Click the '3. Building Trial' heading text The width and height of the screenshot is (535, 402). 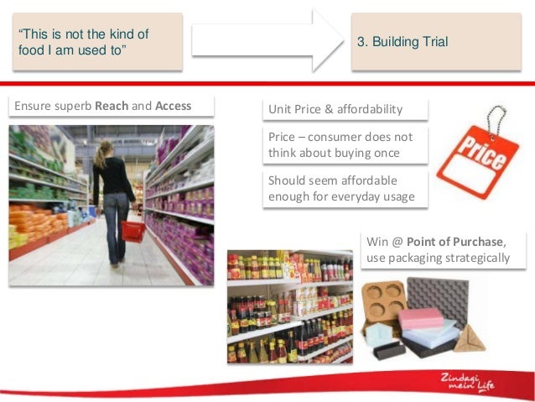(x=403, y=42)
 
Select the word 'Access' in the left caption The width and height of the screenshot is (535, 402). (x=173, y=107)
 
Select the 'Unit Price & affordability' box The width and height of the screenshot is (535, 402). (x=345, y=110)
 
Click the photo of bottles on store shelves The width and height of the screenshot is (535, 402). (x=290, y=306)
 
